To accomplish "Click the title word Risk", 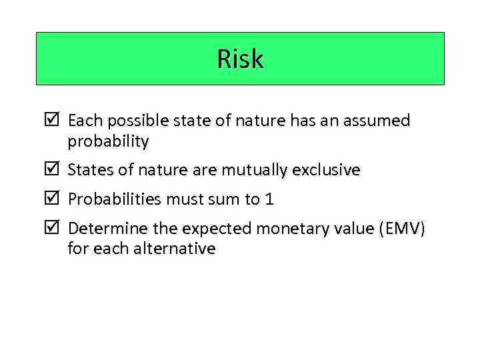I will (x=240, y=59).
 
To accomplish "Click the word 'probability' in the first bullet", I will (x=108, y=141).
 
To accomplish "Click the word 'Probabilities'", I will (x=114, y=199).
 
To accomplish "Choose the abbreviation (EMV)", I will (x=400, y=229).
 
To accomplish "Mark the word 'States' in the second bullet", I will (x=91, y=170).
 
